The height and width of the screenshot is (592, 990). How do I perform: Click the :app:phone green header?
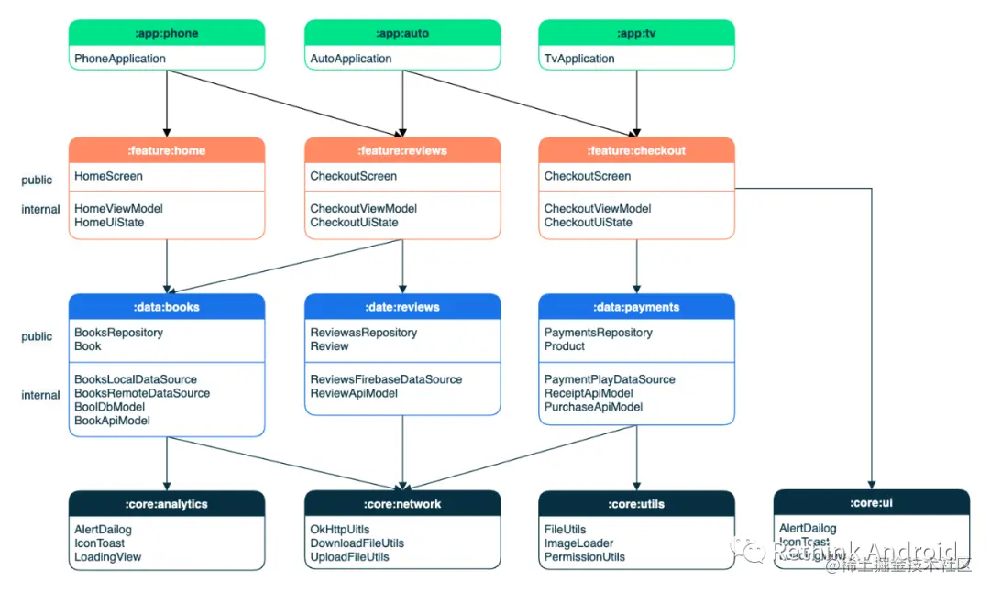click(x=167, y=33)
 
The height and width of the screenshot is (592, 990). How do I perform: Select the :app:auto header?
click(x=402, y=33)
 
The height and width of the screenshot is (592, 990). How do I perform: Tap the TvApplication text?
click(x=579, y=59)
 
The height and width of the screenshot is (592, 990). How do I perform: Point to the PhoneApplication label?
click(x=120, y=59)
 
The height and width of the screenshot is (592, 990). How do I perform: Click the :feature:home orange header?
click(x=167, y=150)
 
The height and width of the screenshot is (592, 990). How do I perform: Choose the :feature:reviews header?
click(x=402, y=150)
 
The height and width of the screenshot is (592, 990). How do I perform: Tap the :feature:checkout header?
click(x=636, y=150)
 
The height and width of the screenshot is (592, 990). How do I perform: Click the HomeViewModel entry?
click(x=118, y=209)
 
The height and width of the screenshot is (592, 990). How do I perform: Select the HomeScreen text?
click(x=109, y=176)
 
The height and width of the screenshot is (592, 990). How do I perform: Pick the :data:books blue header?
click(x=167, y=307)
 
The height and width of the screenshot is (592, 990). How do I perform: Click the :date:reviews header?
click(x=402, y=307)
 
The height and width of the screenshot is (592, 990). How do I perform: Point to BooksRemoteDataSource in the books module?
click(x=142, y=393)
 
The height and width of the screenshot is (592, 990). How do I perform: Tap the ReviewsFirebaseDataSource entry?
click(x=386, y=379)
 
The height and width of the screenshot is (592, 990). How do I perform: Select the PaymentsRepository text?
click(x=599, y=333)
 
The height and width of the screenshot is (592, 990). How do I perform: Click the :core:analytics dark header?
click(x=167, y=504)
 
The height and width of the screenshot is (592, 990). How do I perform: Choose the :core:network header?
click(x=402, y=504)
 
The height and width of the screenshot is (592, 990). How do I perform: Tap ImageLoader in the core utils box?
click(x=579, y=543)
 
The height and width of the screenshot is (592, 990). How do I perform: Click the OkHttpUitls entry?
click(x=340, y=530)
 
